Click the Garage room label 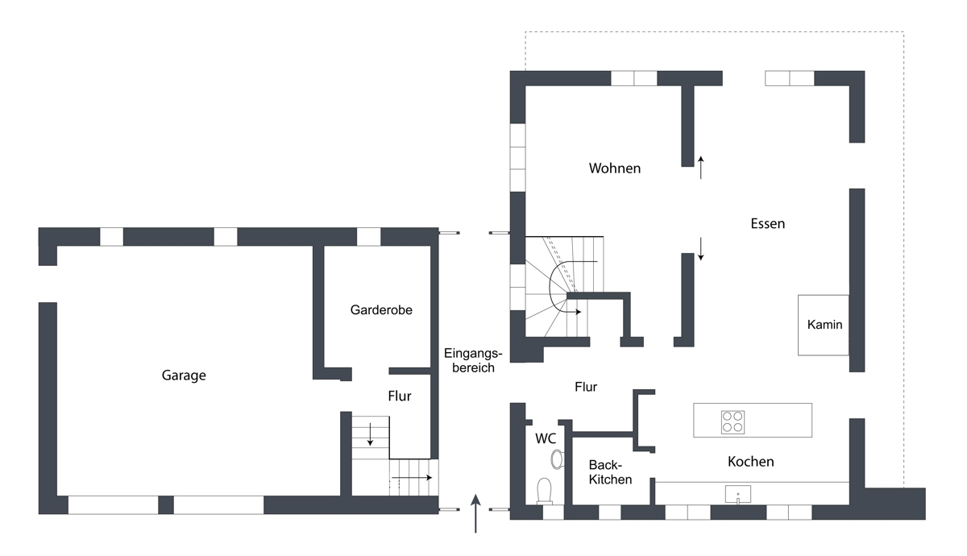point(184,376)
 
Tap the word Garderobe point(381,310)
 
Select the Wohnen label point(615,168)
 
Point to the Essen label point(767,224)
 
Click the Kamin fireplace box point(824,325)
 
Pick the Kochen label point(751,462)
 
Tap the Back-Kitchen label point(611,472)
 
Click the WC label point(546,439)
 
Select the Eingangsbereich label point(473,361)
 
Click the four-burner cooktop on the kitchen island point(733,422)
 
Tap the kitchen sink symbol point(738,494)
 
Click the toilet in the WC point(545,492)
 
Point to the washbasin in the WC point(558,459)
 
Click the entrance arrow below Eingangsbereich point(475,514)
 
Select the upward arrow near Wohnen point(700,168)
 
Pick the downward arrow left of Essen point(700,249)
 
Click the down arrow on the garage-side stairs point(370,434)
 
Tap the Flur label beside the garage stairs point(400,396)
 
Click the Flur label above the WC point(586,388)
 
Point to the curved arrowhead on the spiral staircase point(579,312)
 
